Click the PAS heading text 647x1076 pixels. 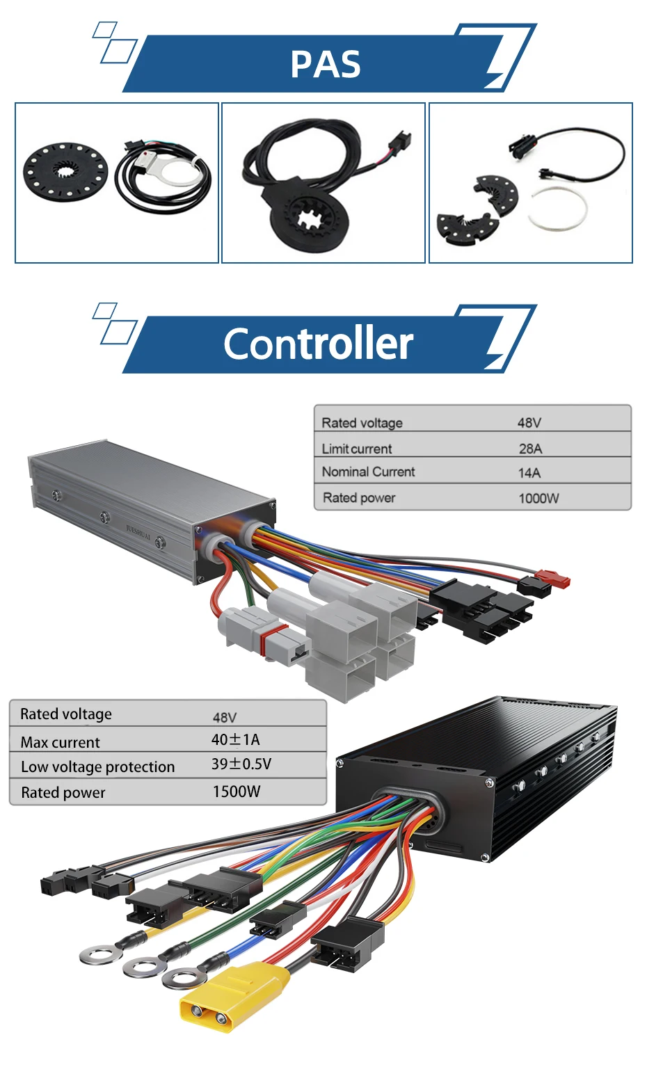point(325,65)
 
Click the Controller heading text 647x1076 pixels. point(318,344)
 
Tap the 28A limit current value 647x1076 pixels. point(530,449)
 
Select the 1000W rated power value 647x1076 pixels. point(538,498)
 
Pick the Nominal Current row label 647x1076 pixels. point(368,472)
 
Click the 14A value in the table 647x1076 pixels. point(529,473)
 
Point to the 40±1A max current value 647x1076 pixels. point(235,739)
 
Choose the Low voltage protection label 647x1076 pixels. point(97,766)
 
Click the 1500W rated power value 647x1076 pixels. point(237,792)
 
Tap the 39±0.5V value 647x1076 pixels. point(241,764)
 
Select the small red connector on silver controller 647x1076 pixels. point(554,579)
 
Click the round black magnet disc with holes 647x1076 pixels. point(65,170)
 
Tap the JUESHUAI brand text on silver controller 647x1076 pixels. point(138,533)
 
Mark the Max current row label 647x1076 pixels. point(61,742)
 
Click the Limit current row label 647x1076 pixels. point(357,449)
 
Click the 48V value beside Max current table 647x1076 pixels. point(225,717)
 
